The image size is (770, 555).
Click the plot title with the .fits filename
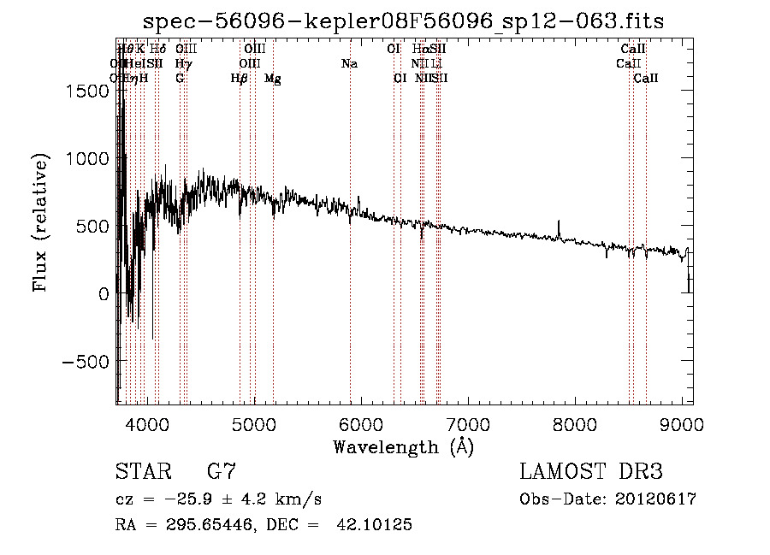click(403, 21)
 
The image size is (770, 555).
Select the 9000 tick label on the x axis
click(682, 423)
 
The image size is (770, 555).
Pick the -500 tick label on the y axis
click(82, 361)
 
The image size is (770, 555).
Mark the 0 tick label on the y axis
click(104, 293)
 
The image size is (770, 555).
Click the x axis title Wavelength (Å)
click(403, 446)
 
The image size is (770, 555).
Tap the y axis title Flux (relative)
click(40, 222)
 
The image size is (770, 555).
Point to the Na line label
click(349, 64)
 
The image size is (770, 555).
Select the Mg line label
click(273, 79)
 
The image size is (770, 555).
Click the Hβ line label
click(240, 79)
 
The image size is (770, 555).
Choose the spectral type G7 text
click(221, 472)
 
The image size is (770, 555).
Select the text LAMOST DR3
click(591, 472)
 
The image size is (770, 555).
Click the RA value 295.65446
click(193, 525)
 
